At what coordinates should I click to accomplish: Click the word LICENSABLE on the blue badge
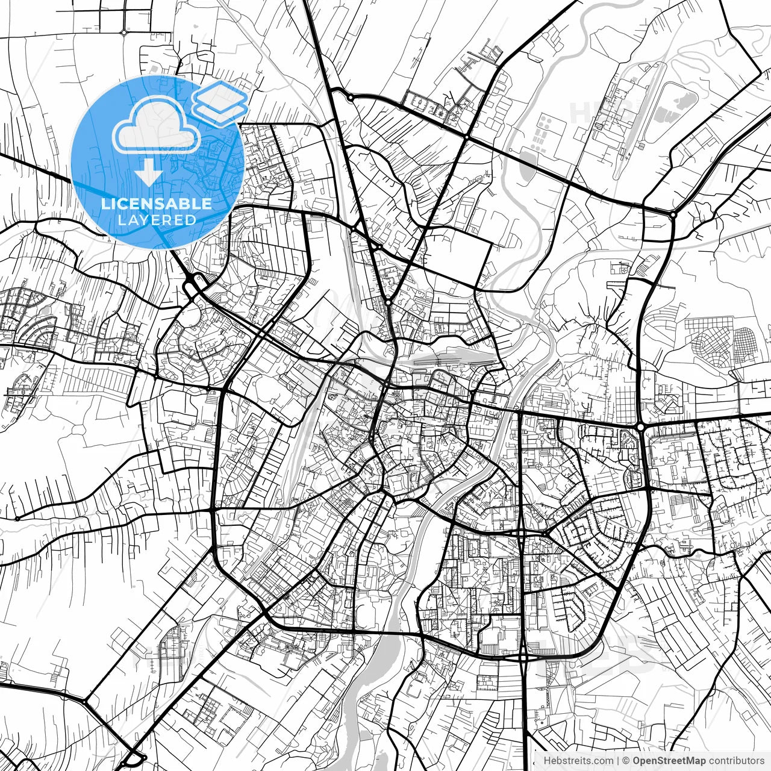157,204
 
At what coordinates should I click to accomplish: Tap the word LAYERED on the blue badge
157,220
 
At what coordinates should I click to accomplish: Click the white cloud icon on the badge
157,126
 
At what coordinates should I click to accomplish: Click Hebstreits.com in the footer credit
578,760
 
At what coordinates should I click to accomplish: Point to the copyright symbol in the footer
626,760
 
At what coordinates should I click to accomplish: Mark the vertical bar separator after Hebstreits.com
619,760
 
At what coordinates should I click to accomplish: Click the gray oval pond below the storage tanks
525,163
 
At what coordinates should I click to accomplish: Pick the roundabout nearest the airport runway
673,214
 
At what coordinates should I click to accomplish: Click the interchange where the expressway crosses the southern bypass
523,657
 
